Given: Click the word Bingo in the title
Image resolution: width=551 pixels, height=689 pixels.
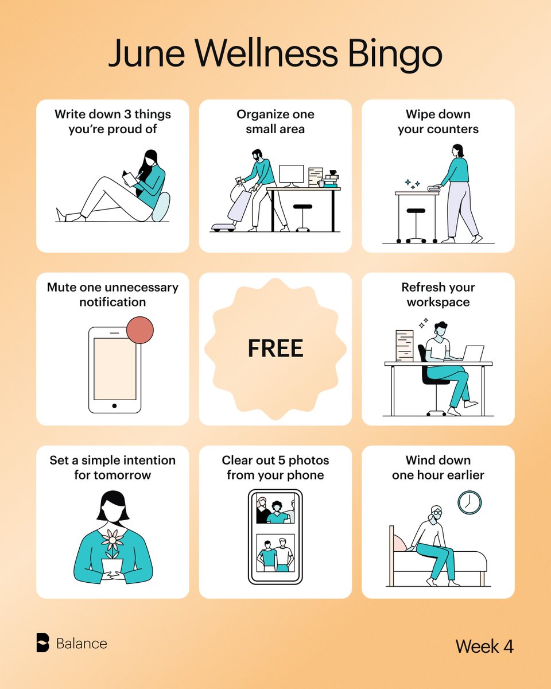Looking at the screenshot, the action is coord(395,54).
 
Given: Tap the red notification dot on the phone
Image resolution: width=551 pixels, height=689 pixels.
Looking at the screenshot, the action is coord(140,330).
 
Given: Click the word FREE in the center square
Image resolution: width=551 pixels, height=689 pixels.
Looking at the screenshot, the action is coord(275,348).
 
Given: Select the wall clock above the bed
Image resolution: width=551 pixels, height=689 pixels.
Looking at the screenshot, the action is coord(469,502).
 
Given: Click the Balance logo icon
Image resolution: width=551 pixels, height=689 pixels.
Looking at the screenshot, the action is coord(43,642).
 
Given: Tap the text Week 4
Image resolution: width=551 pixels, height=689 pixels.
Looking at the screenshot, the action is coord(484,646).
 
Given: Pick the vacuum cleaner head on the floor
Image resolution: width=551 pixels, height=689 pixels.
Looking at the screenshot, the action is coord(223,227).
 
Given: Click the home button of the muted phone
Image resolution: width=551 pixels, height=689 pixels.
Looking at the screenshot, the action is coord(114,406).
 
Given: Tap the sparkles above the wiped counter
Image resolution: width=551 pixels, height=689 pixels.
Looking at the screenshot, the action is coord(413,184).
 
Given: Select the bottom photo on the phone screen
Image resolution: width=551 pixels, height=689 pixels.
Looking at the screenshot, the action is coord(275,552).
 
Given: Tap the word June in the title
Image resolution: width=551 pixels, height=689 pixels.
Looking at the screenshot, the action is coord(146,53).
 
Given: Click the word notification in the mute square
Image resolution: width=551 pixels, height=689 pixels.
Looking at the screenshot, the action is coord(112,302).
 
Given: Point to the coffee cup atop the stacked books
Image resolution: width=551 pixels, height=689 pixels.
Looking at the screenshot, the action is coord(333,172).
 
